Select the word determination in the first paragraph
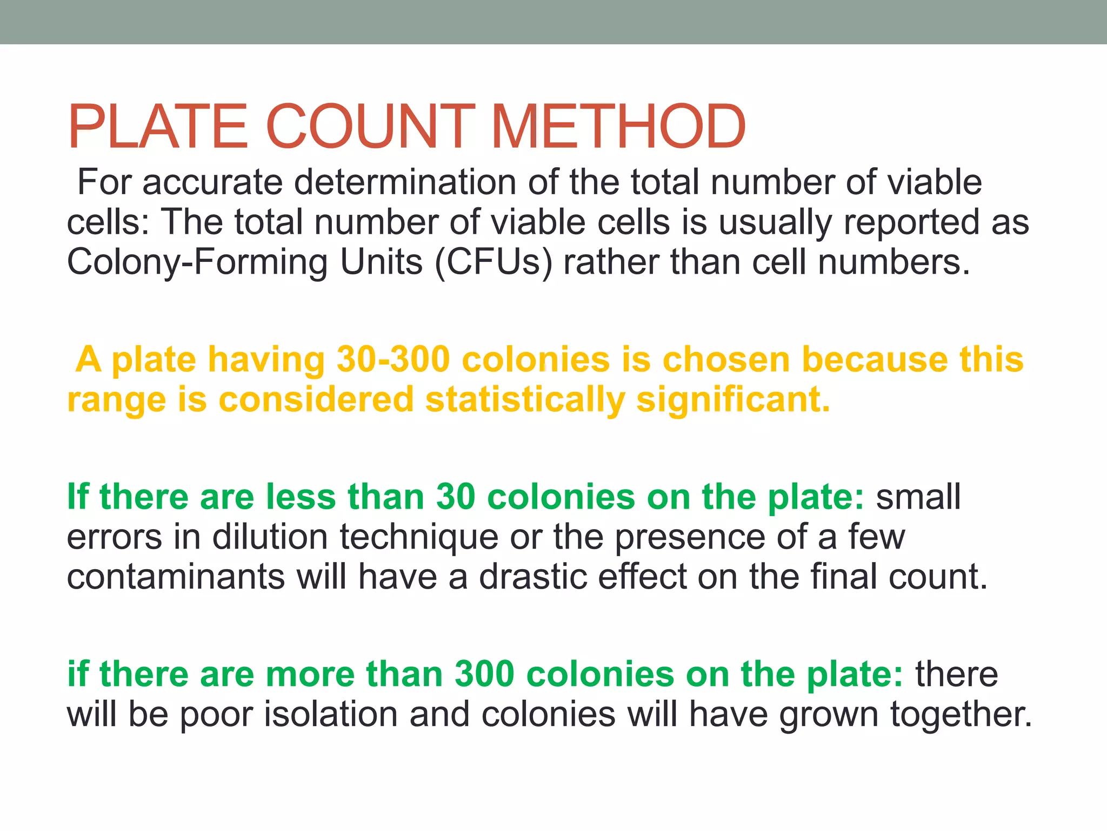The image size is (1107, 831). tap(405, 182)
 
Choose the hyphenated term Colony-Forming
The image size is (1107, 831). tap(197, 262)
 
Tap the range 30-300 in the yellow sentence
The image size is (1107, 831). tap(393, 360)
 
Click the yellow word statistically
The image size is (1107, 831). tap(525, 400)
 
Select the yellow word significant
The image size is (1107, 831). tap(733, 400)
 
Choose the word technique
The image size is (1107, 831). tap(419, 537)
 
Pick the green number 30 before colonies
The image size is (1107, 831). tap(456, 497)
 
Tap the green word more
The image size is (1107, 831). tap(310, 675)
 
